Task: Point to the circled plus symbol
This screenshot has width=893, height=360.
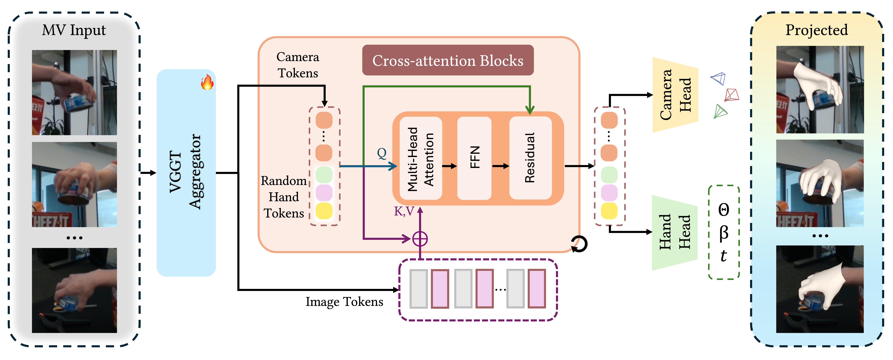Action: point(420,239)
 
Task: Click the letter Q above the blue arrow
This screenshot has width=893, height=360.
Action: point(382,153)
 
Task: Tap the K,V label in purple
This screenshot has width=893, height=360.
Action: point(404,211)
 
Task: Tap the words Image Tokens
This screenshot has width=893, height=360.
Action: point(344,302)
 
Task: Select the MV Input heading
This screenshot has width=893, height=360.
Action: point(74,30)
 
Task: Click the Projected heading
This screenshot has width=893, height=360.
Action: point(816,30)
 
